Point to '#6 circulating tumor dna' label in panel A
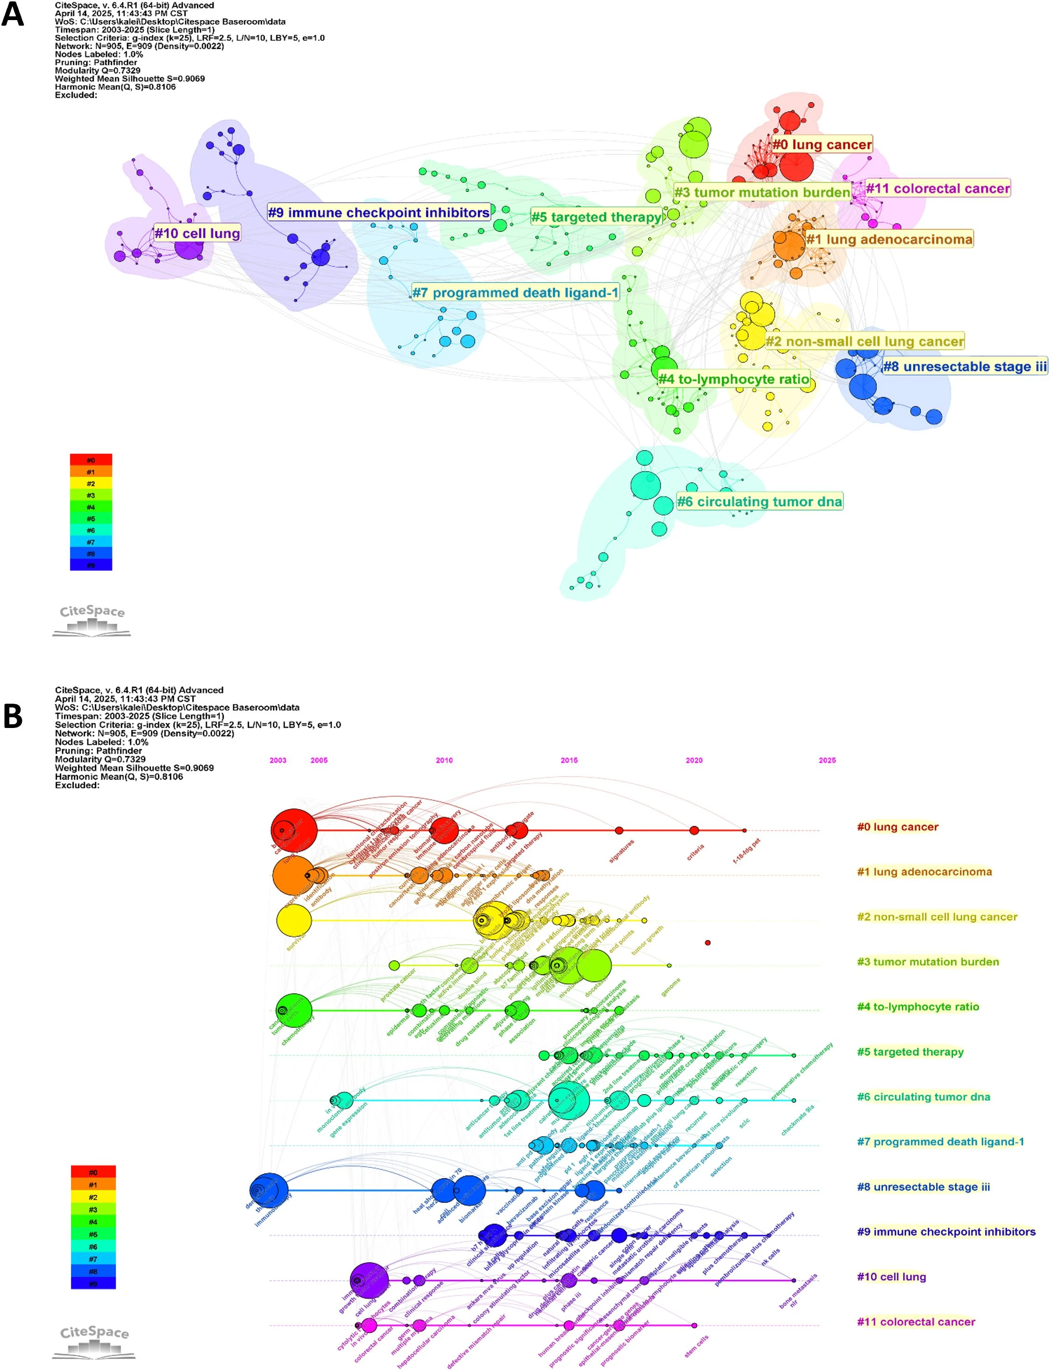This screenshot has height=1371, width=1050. [759, 502]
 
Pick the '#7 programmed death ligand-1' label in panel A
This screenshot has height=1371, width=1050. [515, 293]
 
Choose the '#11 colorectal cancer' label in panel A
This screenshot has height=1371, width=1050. [937, 189]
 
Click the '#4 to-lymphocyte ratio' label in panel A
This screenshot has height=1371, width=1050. [733, 379]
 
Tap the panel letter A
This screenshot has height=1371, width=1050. [13, 14]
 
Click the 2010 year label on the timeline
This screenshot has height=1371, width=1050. [444, 760]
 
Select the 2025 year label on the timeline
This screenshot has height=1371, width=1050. [827, 760]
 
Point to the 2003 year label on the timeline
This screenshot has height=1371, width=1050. [278, 760]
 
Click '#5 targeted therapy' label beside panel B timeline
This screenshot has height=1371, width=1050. [910, 1052]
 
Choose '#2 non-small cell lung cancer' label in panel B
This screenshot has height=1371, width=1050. [937, 917]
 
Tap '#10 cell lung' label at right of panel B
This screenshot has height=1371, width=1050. [891, 1277]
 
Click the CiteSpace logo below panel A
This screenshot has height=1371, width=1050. [92, 620]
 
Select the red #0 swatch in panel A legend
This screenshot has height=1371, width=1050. [91, 459]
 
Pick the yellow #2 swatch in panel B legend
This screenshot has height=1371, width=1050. [93, 1197]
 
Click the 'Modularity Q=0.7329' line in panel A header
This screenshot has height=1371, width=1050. [98, 71]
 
